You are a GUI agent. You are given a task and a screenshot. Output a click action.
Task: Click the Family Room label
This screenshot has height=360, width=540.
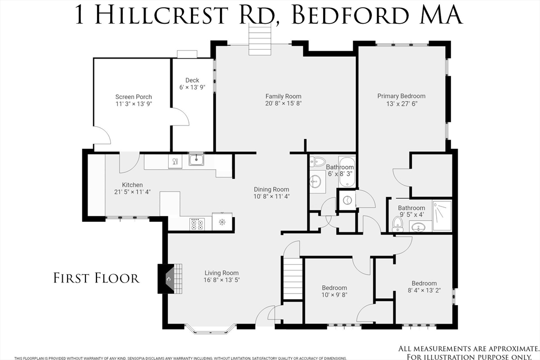283,96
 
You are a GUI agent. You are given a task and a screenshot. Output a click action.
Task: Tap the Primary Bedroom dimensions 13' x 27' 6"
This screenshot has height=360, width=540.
401,104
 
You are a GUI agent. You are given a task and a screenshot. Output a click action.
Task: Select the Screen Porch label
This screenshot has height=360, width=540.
133,97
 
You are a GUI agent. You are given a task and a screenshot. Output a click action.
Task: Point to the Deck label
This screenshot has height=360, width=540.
192,80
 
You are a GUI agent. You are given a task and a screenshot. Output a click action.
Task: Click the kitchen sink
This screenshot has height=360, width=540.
197,160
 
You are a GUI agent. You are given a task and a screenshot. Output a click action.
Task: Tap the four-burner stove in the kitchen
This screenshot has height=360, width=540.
197,224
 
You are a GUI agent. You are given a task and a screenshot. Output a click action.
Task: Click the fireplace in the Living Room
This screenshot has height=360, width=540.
170,279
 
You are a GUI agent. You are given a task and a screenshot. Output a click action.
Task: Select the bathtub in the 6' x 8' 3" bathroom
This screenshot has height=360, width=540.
347,172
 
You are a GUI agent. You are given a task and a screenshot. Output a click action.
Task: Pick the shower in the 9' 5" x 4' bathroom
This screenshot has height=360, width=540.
442,216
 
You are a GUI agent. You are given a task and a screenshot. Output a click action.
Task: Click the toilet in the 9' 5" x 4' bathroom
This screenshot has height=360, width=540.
398,225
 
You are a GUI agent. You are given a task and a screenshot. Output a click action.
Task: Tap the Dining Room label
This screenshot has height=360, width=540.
272,189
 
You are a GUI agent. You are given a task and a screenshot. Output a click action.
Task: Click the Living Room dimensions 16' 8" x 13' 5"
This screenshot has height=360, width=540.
221,280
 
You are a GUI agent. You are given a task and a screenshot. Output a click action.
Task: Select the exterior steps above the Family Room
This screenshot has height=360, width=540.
261,40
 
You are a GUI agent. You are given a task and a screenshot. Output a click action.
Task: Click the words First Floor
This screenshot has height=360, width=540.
97,278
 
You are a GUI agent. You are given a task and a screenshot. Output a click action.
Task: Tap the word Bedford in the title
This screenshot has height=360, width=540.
350,15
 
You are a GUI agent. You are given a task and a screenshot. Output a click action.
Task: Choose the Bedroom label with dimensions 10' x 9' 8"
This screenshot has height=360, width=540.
334,288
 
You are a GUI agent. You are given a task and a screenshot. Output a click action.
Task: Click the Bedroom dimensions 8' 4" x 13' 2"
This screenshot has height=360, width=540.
425,290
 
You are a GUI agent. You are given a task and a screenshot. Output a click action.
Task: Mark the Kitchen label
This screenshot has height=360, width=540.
132,185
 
